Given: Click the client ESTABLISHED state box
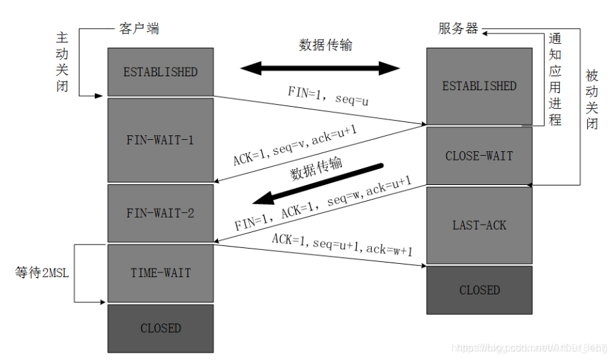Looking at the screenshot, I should [x=160, y=72].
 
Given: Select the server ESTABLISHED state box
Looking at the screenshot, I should [x=479, y=86].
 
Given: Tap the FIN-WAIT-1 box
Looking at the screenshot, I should [x=160, y=140].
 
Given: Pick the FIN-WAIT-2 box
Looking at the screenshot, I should [x=160, y=213].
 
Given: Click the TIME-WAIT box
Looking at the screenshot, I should [x=160, y=272].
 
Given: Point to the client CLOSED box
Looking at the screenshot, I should [x=160, y=328].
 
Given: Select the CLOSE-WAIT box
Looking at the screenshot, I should [x=479, y=156].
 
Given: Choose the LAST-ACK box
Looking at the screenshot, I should [x=479, y=225].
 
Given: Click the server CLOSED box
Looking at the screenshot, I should [x=479, y=290].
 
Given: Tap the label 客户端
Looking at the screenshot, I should [x=139, y=29].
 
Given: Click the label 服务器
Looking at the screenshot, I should [x=458, y=29].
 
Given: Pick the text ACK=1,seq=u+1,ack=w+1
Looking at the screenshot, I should [x=343, y=245].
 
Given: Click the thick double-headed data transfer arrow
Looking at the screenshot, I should [x=320, y=68].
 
